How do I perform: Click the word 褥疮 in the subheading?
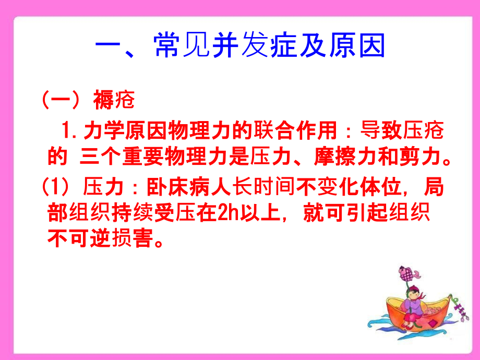click(x=114, y=100)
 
